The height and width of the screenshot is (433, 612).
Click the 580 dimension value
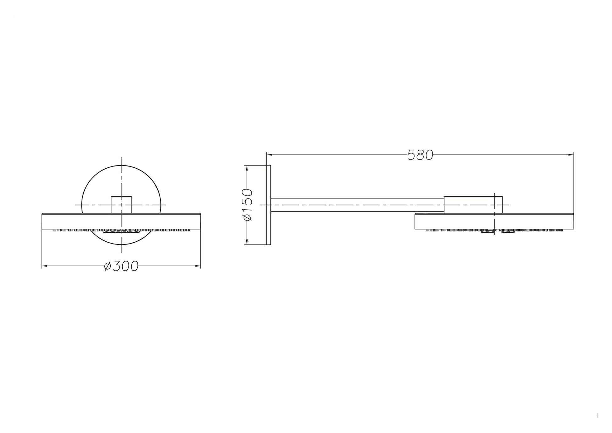click(x=420, y=155)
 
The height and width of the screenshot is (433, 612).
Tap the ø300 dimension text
click(x=121, y=266)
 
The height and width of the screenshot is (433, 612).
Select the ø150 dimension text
click(x=248, y=205)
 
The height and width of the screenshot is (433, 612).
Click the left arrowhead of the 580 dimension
click(x=270, y=155)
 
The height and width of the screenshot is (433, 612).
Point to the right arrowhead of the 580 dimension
click(x=571, y=155)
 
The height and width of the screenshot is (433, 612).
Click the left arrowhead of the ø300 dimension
click(x=45, y=266)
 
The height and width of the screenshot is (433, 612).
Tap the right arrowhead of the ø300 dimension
click(x=198, y=266)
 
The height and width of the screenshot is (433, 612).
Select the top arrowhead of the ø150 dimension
click(x=247, y=168)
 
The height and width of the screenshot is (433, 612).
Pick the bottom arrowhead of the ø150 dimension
click(x=247, y=242)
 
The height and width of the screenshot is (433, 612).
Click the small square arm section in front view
click(x=121, y=205)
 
